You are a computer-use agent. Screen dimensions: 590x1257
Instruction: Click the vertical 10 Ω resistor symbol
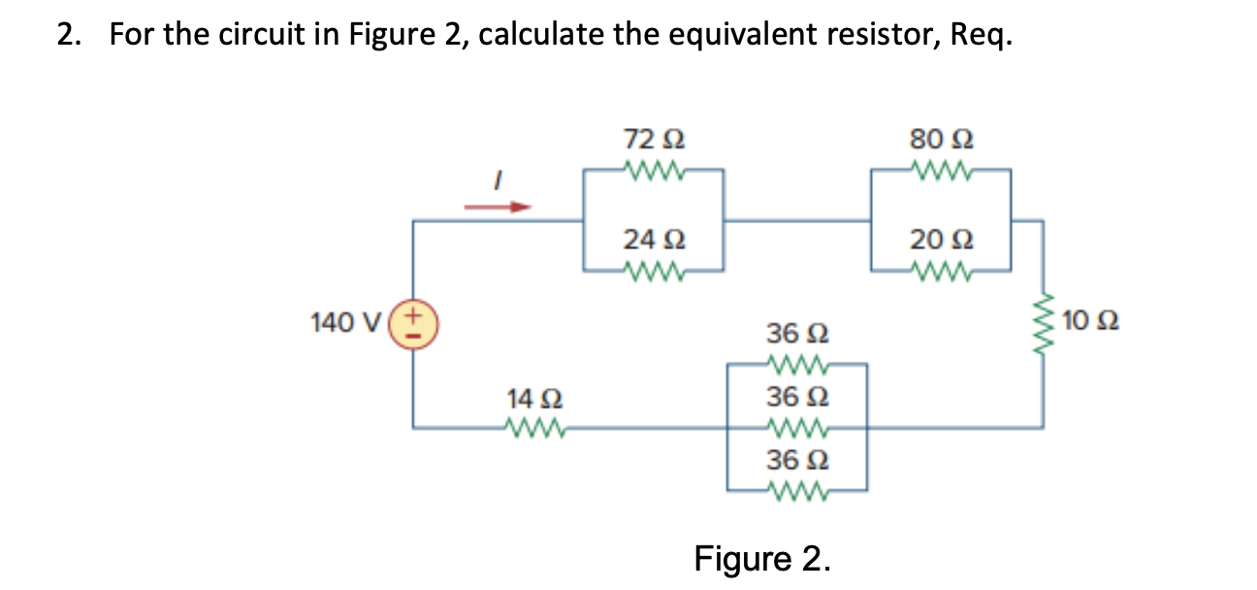point(1044,319)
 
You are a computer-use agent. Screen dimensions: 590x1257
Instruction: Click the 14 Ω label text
point(533,397)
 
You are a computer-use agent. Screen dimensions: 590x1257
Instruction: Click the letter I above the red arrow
point(498,180)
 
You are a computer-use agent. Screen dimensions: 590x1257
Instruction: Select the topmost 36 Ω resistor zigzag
point(797,365)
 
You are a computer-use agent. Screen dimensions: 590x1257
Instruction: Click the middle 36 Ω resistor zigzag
point(797,425)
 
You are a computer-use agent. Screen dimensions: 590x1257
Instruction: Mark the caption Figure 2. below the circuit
point(761,559)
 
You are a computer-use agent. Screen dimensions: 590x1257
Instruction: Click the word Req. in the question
point(981,37)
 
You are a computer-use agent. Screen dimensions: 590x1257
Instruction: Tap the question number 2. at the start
point(67,36)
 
